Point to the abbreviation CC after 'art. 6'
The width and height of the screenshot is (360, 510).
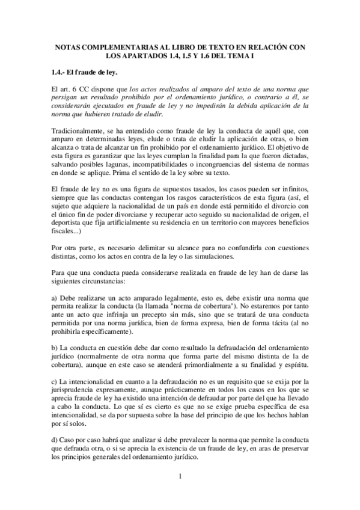pyautogui.click(x=86, y=89)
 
